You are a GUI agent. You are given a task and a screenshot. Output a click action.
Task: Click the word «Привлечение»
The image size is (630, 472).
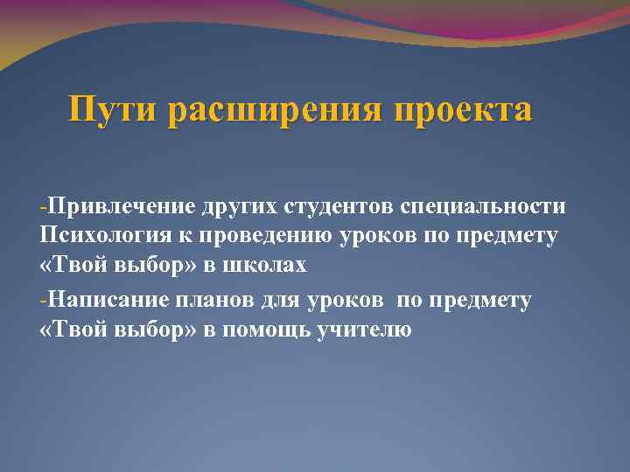[122, 207]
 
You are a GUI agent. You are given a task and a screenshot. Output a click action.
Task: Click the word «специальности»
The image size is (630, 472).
[483, 207]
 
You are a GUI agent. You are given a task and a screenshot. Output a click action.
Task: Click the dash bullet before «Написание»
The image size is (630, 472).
[43, 301]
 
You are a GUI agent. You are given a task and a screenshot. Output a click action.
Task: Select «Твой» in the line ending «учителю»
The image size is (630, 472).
[73, 330]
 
